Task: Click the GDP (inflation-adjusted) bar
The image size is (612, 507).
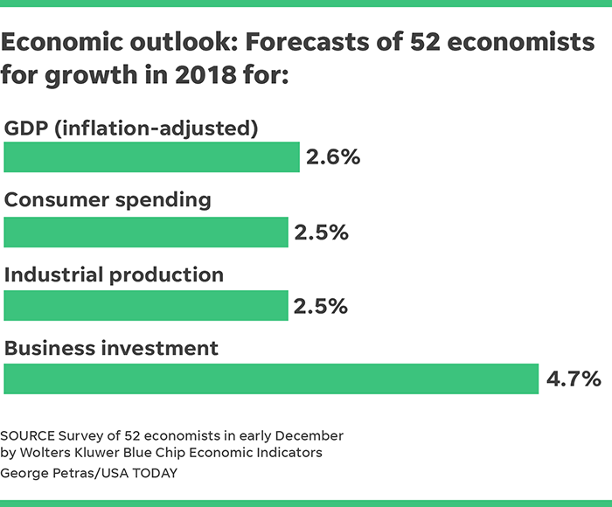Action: click(151, 157)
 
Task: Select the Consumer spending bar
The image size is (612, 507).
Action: click(146, 233)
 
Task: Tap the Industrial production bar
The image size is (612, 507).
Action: click(146, 306)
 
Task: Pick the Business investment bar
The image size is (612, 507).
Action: click(271, 379)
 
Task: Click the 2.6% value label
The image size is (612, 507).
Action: click(333, 158)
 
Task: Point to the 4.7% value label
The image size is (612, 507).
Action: click(574, 379)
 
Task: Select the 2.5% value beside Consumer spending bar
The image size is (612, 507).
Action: click(322, 233)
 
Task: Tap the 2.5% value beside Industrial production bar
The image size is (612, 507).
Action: click(322, 307)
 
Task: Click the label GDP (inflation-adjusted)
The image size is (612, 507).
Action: click(131, 128)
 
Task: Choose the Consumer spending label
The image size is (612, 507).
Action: click(108, 200)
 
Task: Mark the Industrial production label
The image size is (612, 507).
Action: click(114, 274)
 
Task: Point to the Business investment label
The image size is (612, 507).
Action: click(111, 348)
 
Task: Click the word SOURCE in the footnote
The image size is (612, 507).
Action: click(28, 435)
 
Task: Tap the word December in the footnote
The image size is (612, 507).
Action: click(310, 435)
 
